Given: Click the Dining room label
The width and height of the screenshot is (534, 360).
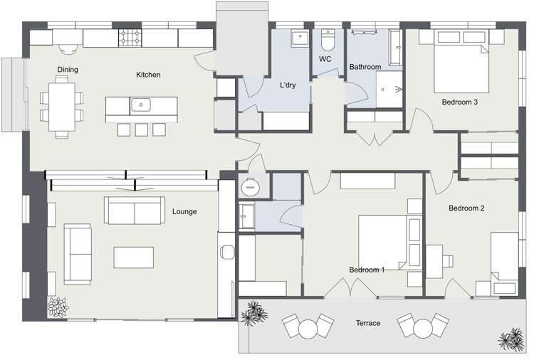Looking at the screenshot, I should click(68, 70).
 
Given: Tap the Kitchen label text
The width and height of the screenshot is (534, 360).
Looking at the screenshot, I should click(148, 75).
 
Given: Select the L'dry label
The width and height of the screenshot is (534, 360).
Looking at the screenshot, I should click(288, 85).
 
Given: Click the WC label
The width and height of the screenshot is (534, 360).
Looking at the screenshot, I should click(325, 58).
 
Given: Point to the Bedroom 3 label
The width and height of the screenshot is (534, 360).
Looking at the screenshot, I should click(459, 102).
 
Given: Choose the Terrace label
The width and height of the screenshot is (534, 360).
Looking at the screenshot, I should click(368, 324).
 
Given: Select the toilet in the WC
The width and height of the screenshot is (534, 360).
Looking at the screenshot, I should click(328, 36).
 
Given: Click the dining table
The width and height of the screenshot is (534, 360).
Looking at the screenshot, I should click(61, 107).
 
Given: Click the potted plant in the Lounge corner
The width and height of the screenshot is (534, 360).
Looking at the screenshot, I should click(57, 307).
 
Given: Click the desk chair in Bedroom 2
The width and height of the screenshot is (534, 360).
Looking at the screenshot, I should click(448, 259).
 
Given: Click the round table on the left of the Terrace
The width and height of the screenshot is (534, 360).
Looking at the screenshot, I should click(308, 329).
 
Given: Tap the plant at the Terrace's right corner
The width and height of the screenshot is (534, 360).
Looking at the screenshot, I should click(511, 339).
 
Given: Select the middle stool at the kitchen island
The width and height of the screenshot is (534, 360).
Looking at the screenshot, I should click(140, 129).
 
